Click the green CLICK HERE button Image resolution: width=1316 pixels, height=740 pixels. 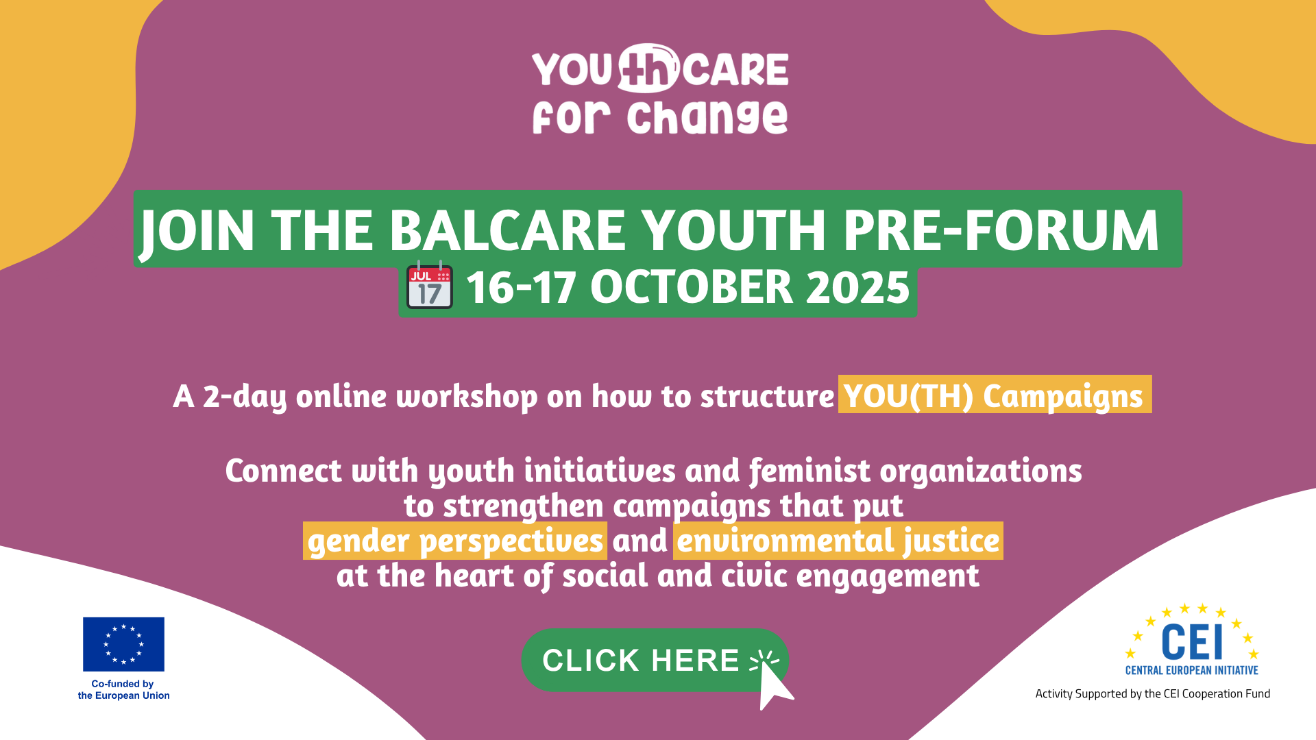pyautogui.click(x=641, y=660)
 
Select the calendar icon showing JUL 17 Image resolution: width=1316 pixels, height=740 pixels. pyautogui.click(x=430, y=286)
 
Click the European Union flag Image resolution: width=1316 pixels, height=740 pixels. pyautogui.click(x=123, y=644)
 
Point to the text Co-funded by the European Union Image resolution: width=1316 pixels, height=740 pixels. pyautogui.click(x=123, y=689)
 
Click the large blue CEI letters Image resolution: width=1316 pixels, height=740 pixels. pyautogui.click(x=1192, y=642)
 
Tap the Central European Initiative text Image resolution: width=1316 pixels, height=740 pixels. pyautogui.click(x=1192, y=670)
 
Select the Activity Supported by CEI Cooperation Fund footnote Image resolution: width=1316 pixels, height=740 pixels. pyautogui.click(x=1152, y=693)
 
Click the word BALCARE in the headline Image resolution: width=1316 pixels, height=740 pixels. pyautogui.click(x=507, y=230)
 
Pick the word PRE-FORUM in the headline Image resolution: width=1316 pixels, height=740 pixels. pyautogui.click(x=1001, y=230)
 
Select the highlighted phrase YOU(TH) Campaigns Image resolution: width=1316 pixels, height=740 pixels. pyautogui.click(x=994, y=395)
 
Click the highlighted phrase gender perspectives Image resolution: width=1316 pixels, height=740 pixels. pyautogui.click(x=455, y=541)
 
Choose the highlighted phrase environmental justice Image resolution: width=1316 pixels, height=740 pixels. pyautogui.click(x=838, y=541)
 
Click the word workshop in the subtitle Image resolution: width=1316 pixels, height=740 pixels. pyautogui.click(x=467, y=396)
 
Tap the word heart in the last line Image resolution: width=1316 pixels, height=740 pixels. pyautogui.click(x=474, y=576)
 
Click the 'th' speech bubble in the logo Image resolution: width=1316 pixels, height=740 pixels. pyautogui.click(x=647, y=69)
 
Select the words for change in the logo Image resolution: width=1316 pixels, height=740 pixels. pyautogui.click(x=660, y=117)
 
